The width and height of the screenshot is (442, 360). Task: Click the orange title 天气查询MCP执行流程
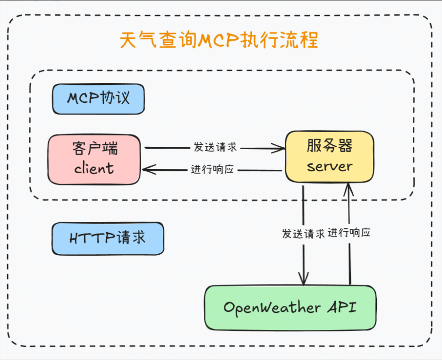(x=219, y=41)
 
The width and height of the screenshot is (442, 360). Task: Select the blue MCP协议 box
(x=98, y=99)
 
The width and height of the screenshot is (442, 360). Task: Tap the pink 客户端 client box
(x=94, y=159)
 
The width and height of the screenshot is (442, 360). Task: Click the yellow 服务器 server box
(x=329, y=156)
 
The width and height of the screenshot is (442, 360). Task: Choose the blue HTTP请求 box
(x=108, y=238)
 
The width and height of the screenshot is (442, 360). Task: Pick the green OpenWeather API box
(x=290, y=308)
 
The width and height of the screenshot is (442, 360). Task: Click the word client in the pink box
(x=94, y=168)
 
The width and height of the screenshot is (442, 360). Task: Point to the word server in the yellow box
(x=329, y=166)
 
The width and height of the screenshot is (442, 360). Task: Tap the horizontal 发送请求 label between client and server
(x=215, y=147)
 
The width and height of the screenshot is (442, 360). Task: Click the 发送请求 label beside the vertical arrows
(x=303, y=234)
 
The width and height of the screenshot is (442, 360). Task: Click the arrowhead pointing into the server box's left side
(x=281, y=148)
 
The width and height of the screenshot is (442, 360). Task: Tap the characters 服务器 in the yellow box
(x=329, y=145)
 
